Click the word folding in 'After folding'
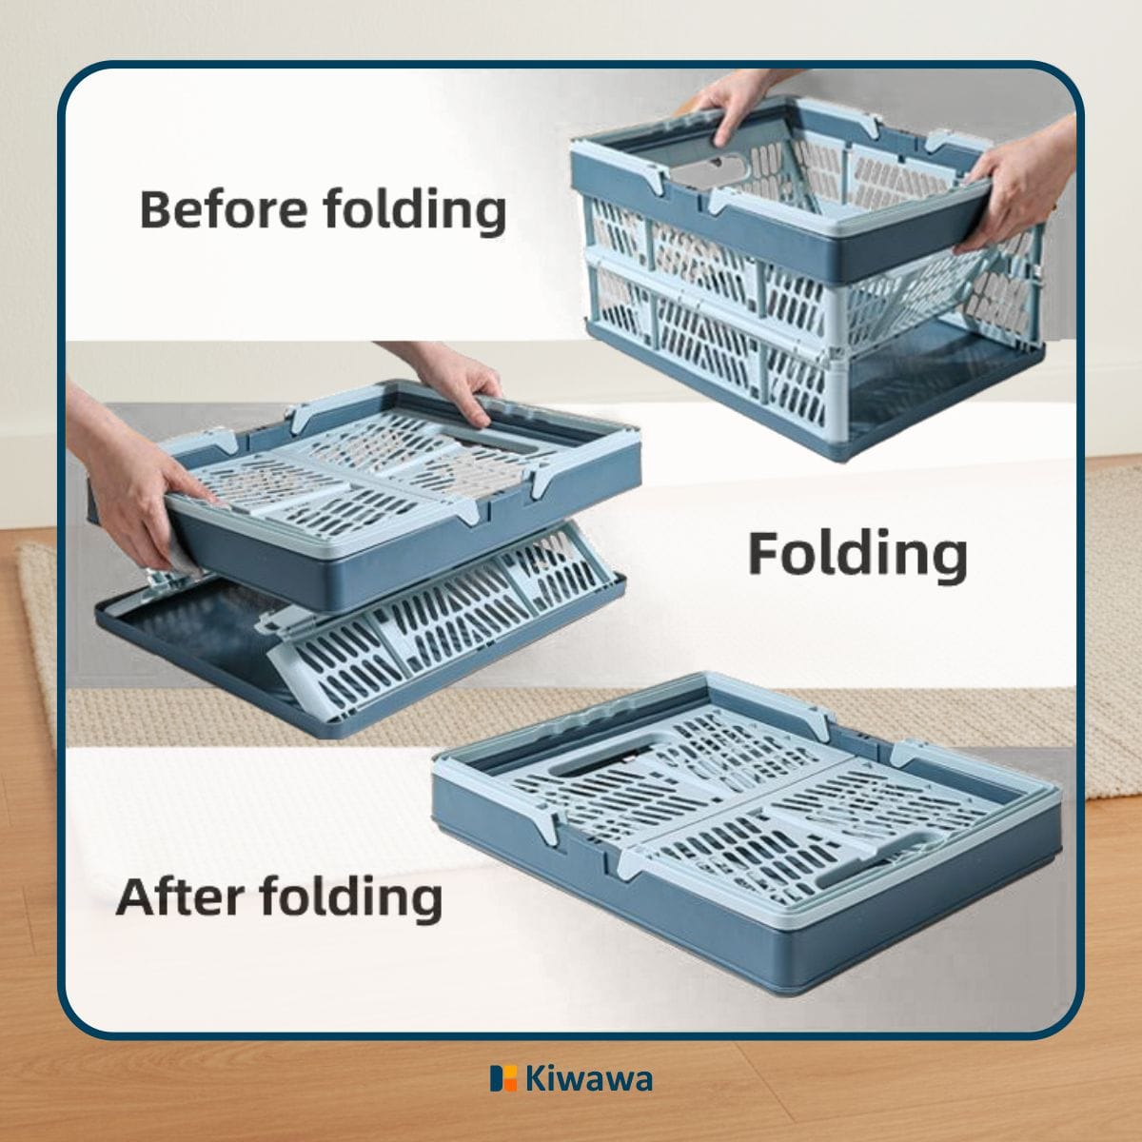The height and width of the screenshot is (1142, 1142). (x=351, y=898)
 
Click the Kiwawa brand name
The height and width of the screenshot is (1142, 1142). (x=588, y=1079)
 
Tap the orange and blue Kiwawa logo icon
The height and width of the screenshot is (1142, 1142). (x=503, y=1078)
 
